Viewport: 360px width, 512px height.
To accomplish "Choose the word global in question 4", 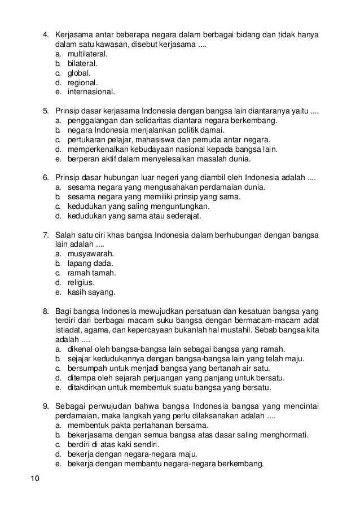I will pyautogui.click(x=78, y=73).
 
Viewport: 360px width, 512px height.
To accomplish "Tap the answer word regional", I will pyautogui.click(x=82, y=82).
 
